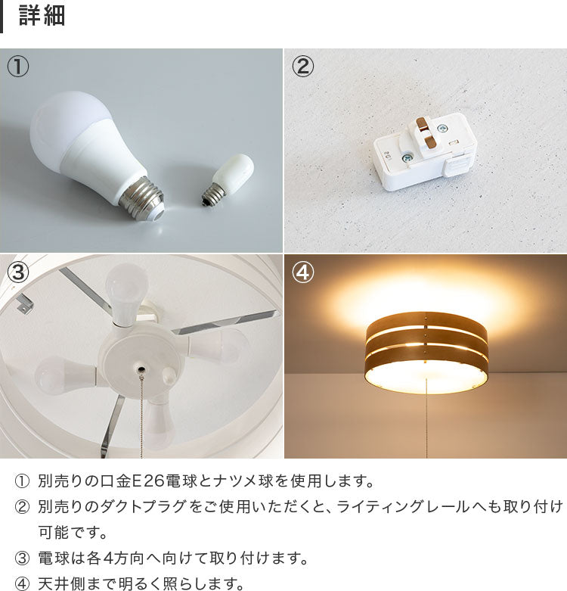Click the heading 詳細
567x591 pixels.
[42, 16]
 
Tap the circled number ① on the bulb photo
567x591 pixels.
[17, 66]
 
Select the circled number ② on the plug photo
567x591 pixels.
[302, 66]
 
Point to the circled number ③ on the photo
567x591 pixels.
[17, 272]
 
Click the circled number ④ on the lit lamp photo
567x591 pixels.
[302, 272]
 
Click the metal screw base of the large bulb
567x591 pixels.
[142, 198]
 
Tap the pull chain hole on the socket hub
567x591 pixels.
[141, 369]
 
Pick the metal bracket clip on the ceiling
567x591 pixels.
[23, 304]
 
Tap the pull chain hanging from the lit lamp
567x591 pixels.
[426, 418]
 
